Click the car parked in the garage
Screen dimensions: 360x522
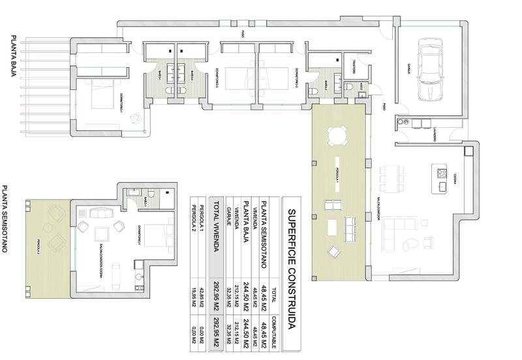coord(430,70)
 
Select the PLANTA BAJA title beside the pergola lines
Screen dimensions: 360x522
coord(12,56)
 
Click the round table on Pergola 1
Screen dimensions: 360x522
coord(336,136)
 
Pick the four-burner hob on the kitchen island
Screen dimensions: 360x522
coord(442,173)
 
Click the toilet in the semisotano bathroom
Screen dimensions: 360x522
coord(150,194)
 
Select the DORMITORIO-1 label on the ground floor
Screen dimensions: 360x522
coord(121,103)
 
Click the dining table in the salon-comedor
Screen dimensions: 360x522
coord(391,177)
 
